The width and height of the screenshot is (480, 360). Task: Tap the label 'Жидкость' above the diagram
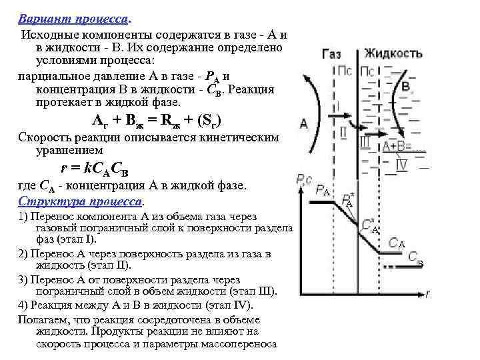393,53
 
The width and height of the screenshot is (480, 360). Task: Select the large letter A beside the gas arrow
304,123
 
